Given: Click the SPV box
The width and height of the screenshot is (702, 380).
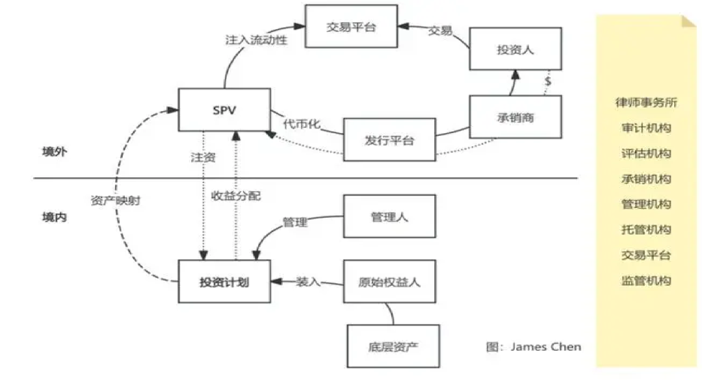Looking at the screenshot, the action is pos(224,110).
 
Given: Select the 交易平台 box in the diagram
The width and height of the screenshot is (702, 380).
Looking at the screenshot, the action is pos(351,27).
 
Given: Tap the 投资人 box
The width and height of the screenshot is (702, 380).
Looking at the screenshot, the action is pos(515,49).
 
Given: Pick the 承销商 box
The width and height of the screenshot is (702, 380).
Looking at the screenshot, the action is pos(515,117).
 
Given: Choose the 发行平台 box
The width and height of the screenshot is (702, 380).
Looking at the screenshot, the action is pos(389,140).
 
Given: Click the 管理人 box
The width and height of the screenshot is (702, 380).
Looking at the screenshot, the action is pos(389,216).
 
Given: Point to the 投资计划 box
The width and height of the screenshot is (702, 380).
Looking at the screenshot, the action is pos(224,281).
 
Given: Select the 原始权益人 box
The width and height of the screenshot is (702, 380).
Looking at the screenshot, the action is pos(389,281).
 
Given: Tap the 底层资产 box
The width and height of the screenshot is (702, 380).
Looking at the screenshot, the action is pos(393,346).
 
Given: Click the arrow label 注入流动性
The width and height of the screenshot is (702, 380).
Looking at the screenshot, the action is pos(256,40).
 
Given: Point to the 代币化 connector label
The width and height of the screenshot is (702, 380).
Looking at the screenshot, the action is pos(302,123).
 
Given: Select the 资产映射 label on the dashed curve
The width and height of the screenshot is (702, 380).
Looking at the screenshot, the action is pos(116,200).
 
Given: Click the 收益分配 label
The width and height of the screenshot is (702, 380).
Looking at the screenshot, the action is pos(235,196).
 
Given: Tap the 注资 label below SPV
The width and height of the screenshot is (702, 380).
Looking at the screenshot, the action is pos(203,157).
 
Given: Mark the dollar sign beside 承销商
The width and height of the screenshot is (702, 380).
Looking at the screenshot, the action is pos(547,81).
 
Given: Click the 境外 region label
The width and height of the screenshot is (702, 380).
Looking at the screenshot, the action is pos(55,151).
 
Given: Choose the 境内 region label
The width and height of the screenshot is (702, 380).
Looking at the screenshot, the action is pos(55,217).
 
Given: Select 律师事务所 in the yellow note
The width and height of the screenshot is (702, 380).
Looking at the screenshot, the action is pos(646,102).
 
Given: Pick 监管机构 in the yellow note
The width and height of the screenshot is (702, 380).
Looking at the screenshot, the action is pos(646,281).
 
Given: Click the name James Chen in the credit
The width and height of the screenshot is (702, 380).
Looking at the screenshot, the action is pos(546,347).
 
